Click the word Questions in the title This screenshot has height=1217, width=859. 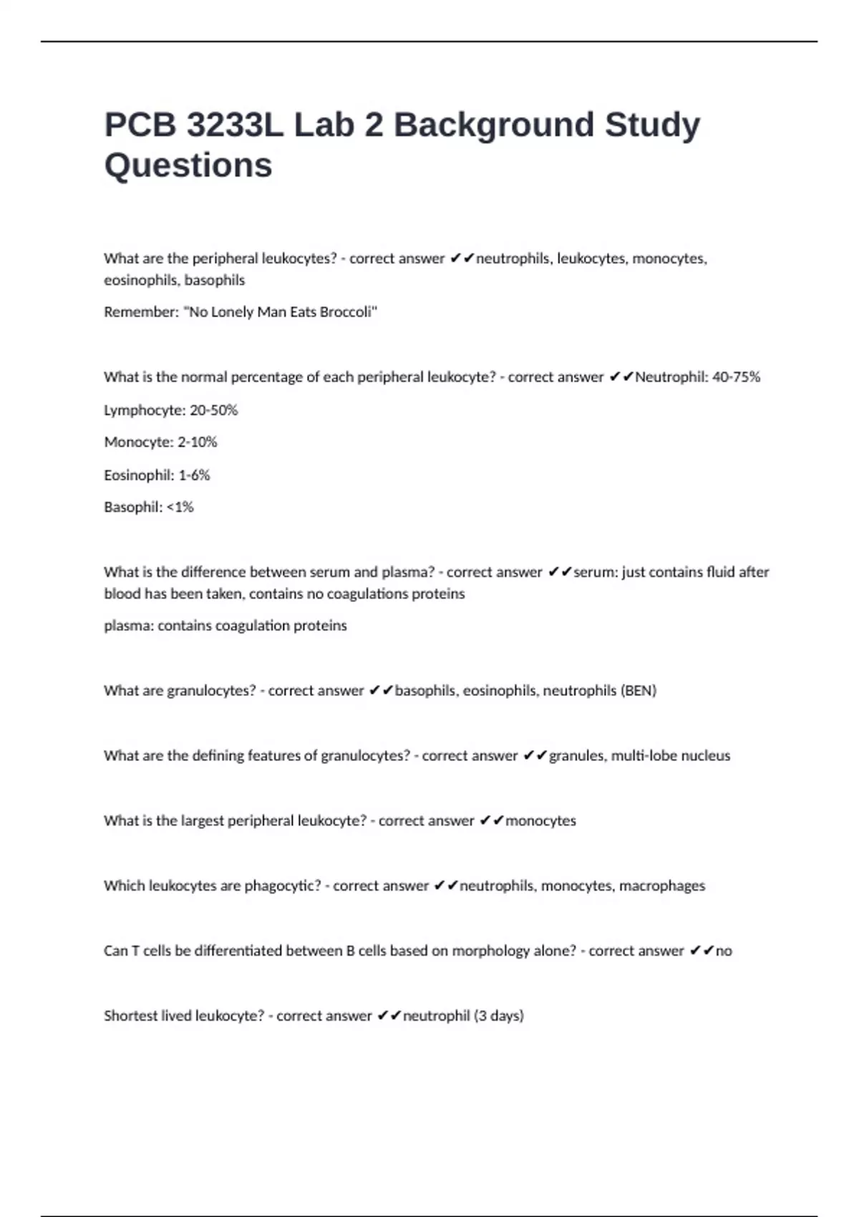(188, 165)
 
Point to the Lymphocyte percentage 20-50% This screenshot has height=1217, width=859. (213, 410)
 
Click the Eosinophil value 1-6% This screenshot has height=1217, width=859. (194, 475)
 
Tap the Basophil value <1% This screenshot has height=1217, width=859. (180, 508)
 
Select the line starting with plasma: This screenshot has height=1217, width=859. (225, 626)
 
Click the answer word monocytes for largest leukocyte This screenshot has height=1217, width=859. (540, 821)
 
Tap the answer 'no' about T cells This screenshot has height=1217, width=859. (724, 951)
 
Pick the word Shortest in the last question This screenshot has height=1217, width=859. (130, 1016)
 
